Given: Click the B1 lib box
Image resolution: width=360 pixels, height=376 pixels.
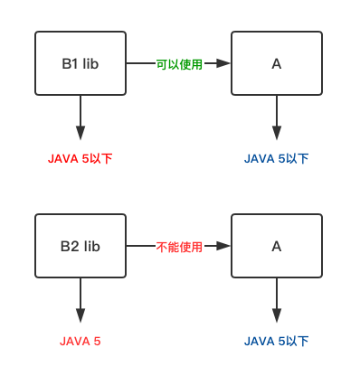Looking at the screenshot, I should (x=80, y=63).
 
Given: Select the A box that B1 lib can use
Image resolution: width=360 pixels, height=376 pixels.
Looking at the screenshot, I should (x=276, y=63).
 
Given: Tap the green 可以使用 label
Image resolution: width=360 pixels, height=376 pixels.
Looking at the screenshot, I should (x=179, y=64).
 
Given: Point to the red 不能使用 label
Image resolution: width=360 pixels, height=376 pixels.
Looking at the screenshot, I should (x=179, y=246).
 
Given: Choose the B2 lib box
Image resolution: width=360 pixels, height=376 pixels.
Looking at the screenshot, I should (x=80, y=246).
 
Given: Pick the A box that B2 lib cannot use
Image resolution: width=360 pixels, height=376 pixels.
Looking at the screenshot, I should (x=276, y=246).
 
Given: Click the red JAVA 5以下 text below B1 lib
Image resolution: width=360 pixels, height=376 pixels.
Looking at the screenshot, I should (x=80, y=159).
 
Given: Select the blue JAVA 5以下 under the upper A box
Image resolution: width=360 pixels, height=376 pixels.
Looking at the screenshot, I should (x=276, y=159).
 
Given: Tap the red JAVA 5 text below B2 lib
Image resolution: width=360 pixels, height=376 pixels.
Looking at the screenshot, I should (x=80, y=342).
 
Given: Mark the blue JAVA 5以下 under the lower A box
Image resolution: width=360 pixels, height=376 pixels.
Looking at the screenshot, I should (x=276, y=342).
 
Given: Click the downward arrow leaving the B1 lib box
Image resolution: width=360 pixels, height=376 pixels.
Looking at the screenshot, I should (x=80, y=117).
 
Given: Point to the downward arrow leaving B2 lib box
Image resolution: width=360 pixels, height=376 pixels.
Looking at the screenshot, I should (x=80, y=300).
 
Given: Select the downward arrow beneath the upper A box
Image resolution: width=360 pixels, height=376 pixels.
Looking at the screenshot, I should (x=276, y=117).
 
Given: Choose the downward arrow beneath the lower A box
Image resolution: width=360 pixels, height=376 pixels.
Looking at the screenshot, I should (x=276, y=300).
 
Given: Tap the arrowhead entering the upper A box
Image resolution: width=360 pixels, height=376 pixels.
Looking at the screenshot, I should (x=224, y=64).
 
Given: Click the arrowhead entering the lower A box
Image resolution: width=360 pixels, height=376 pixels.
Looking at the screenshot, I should (x=224, y=246).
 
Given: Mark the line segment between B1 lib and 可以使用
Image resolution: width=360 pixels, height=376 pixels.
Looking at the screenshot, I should (x=139, y=64).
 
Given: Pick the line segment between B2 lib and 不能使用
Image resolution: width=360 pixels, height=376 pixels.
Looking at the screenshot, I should (x=139, y=246).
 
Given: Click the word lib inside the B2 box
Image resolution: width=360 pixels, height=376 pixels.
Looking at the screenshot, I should (x=91, y=246).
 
